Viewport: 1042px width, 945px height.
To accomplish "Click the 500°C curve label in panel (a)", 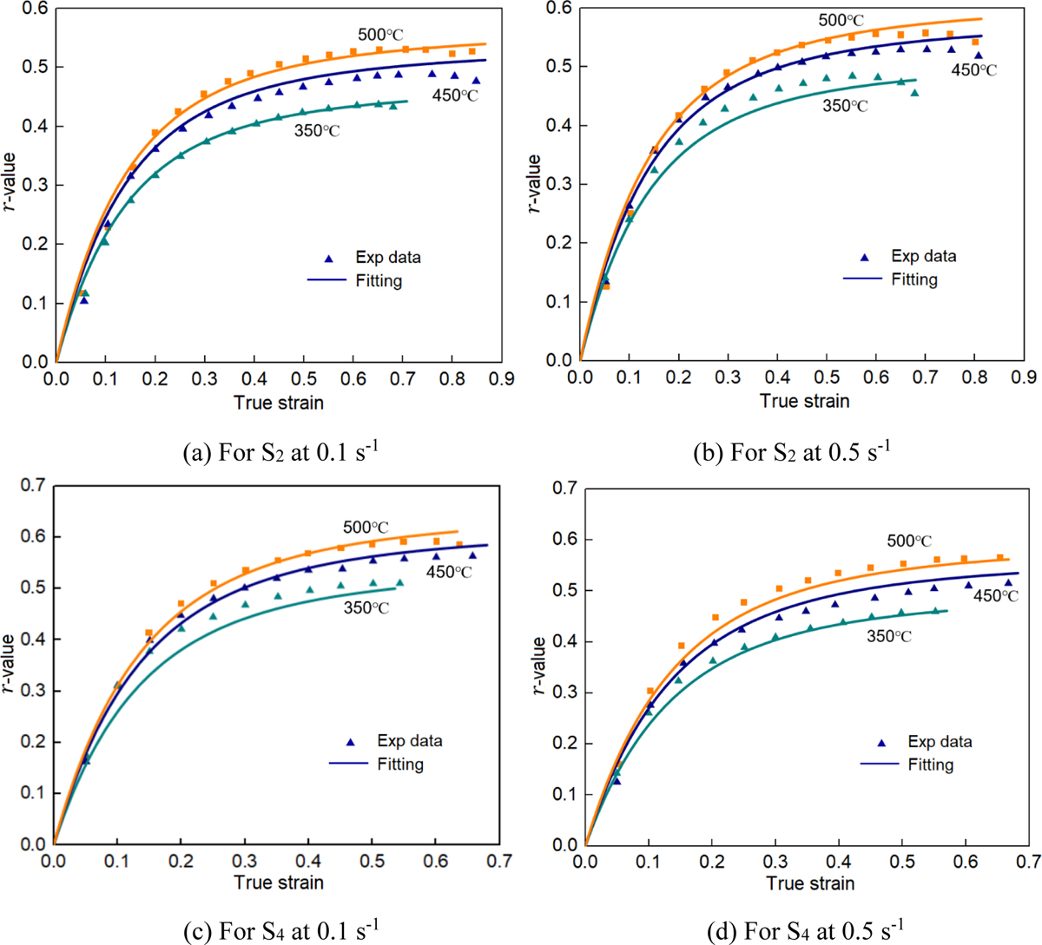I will (381, 35).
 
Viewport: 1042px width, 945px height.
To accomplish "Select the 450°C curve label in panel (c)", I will (449, 572).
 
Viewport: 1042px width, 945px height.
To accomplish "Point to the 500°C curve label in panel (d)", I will (910, 541).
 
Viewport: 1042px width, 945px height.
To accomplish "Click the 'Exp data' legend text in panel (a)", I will (388, 258).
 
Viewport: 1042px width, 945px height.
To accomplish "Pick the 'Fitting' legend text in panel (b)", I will (914, 279).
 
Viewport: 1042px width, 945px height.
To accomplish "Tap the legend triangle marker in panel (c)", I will (351, 742).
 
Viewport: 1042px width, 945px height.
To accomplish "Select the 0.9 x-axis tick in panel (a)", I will (501, 379).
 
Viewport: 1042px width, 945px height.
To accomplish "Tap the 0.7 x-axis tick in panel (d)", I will (1027, 863).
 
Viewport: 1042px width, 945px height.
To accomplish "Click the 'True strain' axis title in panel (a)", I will (279, 402).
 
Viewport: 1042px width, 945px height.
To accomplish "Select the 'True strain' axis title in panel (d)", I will (810, 883).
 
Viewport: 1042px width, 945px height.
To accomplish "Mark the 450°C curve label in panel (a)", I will (455, 95).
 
